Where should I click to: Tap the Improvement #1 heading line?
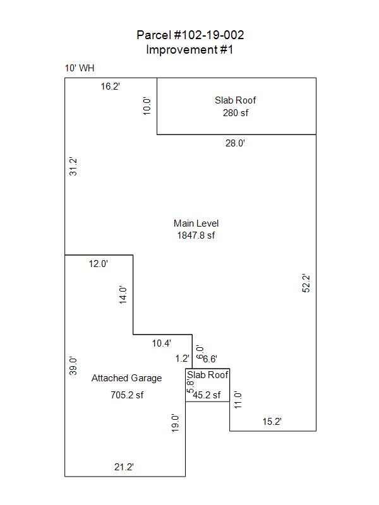click(x=189, y=50)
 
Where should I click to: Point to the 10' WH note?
click(x=80, y=68)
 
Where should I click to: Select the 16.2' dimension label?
click(x=110, y=86)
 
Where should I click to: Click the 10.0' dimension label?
click(x=147, y=106)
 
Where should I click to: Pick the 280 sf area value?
click(x=236, y=113)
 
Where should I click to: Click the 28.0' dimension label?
click(x=235, y=143)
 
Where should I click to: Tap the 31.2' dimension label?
click(x=73, y=167)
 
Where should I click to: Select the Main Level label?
click(x=196, y=223)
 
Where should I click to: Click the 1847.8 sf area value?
click(x=196, y=235)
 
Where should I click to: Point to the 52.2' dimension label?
click(x=306, y=283)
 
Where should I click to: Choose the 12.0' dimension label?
click(x=99, y=264)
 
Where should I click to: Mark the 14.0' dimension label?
click(x=123, y=295)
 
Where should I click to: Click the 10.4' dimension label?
click(x=162, y=343)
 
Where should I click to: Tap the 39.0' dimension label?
click(x=73, y=366)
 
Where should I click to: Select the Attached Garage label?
click(x=127, y=378)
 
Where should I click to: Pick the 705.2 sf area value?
click(x=127, y=395)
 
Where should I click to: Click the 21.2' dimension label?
click(x=124, y=467)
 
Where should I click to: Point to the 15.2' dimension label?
click(x=272, y=422)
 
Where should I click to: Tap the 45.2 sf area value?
click(x=207, y=395)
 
